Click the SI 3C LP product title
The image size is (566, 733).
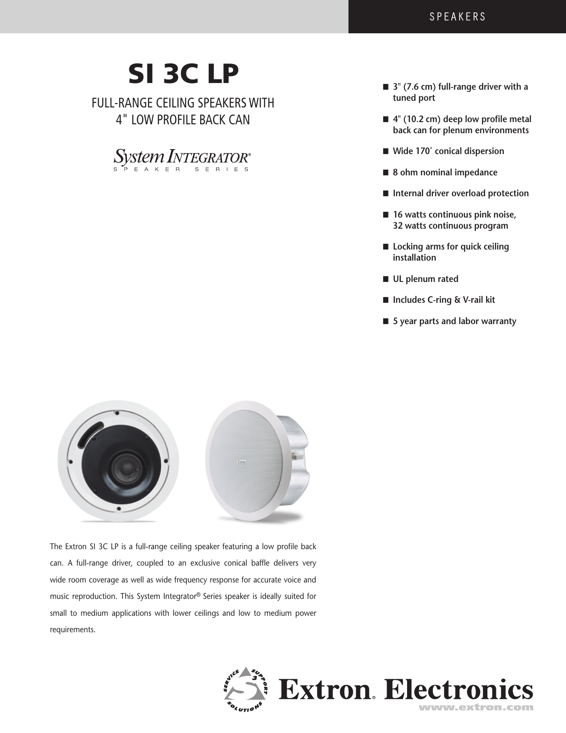click(x=183, y=74)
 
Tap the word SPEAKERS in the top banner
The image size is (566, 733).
click(x=458, y=17)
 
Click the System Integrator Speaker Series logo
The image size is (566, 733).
click(x=182, y=160)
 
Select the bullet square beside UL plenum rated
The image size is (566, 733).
click(x=386, y=279)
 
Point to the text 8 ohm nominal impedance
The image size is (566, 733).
click(x=445, y=172)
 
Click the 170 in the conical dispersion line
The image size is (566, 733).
click(x=422, y=151)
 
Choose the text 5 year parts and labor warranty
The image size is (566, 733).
click(x=454, y=321)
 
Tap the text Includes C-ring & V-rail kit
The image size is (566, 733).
click(x=443, y=300)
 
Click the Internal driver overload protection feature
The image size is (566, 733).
click(x=460, y=194)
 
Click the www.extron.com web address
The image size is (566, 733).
click(x=476, y=707)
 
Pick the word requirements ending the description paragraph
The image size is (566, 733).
click(x=72, y=630)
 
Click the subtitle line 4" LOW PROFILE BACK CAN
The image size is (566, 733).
click(x=183, y=120)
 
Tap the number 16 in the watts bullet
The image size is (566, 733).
click(x=398, y=215)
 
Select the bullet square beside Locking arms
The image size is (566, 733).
click(x=386, y=247)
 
